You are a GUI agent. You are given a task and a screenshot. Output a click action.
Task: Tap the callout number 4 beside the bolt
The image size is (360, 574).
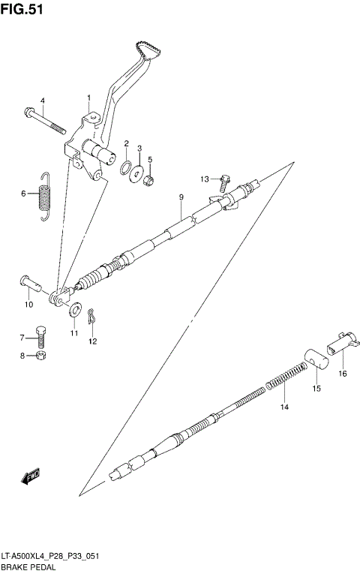tap(42, 101)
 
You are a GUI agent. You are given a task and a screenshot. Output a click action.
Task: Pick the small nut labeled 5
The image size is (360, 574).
tap(150, 179)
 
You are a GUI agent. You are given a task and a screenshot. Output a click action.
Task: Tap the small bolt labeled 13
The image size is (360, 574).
tap(223, 179)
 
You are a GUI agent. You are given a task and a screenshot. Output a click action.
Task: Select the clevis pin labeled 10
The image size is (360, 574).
tap(30, 284)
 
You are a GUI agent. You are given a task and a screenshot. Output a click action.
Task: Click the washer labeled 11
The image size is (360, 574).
tap(76, 309)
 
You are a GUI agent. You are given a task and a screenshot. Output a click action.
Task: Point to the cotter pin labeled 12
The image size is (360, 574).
tap(91, 318)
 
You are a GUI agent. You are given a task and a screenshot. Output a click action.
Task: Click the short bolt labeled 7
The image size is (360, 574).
tap(43, 335)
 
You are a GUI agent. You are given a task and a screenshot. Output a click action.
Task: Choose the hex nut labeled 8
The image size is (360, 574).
tap(43, 355)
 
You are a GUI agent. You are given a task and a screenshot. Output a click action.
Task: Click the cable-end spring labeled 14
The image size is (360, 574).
tap(286, 377)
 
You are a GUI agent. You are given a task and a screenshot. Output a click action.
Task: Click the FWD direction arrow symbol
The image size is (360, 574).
tap(32, 474)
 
